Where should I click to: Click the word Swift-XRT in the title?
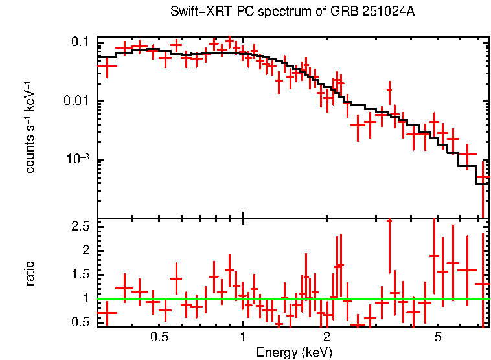point(193,12)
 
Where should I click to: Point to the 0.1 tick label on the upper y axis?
point(80,42)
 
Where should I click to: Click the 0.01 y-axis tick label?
point(76,101)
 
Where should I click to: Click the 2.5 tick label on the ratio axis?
point(80,226)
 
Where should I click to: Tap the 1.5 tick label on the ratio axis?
point(80,275)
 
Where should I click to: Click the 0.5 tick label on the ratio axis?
point(80,322)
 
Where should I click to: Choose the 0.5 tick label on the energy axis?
point(159,337)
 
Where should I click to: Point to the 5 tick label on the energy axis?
point(438,337)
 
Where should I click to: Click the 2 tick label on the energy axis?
point(326,337)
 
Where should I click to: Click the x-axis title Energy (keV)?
point(294,352)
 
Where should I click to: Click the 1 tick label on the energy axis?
point(243,337)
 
